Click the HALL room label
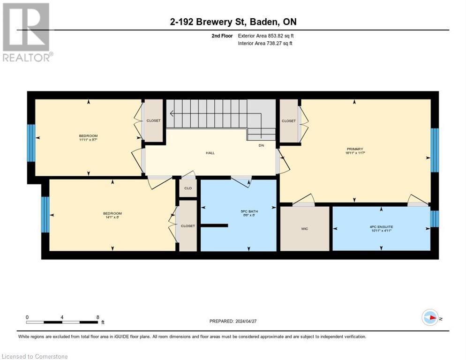coord(210,153)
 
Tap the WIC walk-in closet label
coord(304,229)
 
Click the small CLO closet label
coord(188,188)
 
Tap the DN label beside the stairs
coord(262,145)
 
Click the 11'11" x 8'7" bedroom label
coord(88,138)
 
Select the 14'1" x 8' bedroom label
coord(112,216)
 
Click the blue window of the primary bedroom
coord(434,150)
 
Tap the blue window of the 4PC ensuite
coord(434,219)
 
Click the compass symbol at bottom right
coord(430,318)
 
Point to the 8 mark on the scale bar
coord(98,317)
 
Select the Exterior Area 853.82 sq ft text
coord(266,35)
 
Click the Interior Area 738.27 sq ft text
coord(265,44)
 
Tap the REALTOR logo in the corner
coord(27,32)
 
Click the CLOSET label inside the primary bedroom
coord(289,121)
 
